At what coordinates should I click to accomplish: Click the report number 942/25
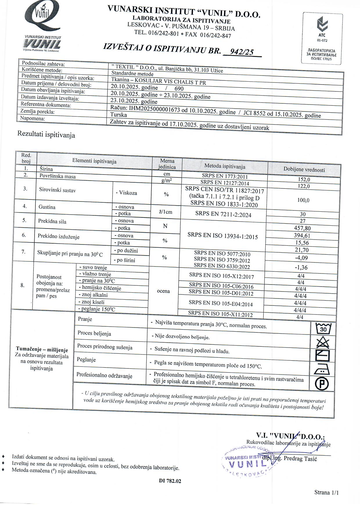pos(242,52)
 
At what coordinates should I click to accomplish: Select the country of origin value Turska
pos(119,114)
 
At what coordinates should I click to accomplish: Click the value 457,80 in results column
pos(303,228)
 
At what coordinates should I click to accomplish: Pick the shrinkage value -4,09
pos(302,258)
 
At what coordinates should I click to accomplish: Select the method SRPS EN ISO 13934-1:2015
pos(223,236)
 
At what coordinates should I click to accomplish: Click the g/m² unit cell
pos(166,180)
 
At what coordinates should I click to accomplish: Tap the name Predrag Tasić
pos(300,459)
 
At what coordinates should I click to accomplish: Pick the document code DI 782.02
pos(170,481)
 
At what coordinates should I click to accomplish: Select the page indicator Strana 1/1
pos(326,492)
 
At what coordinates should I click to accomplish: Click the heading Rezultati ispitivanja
pos(46,135)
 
